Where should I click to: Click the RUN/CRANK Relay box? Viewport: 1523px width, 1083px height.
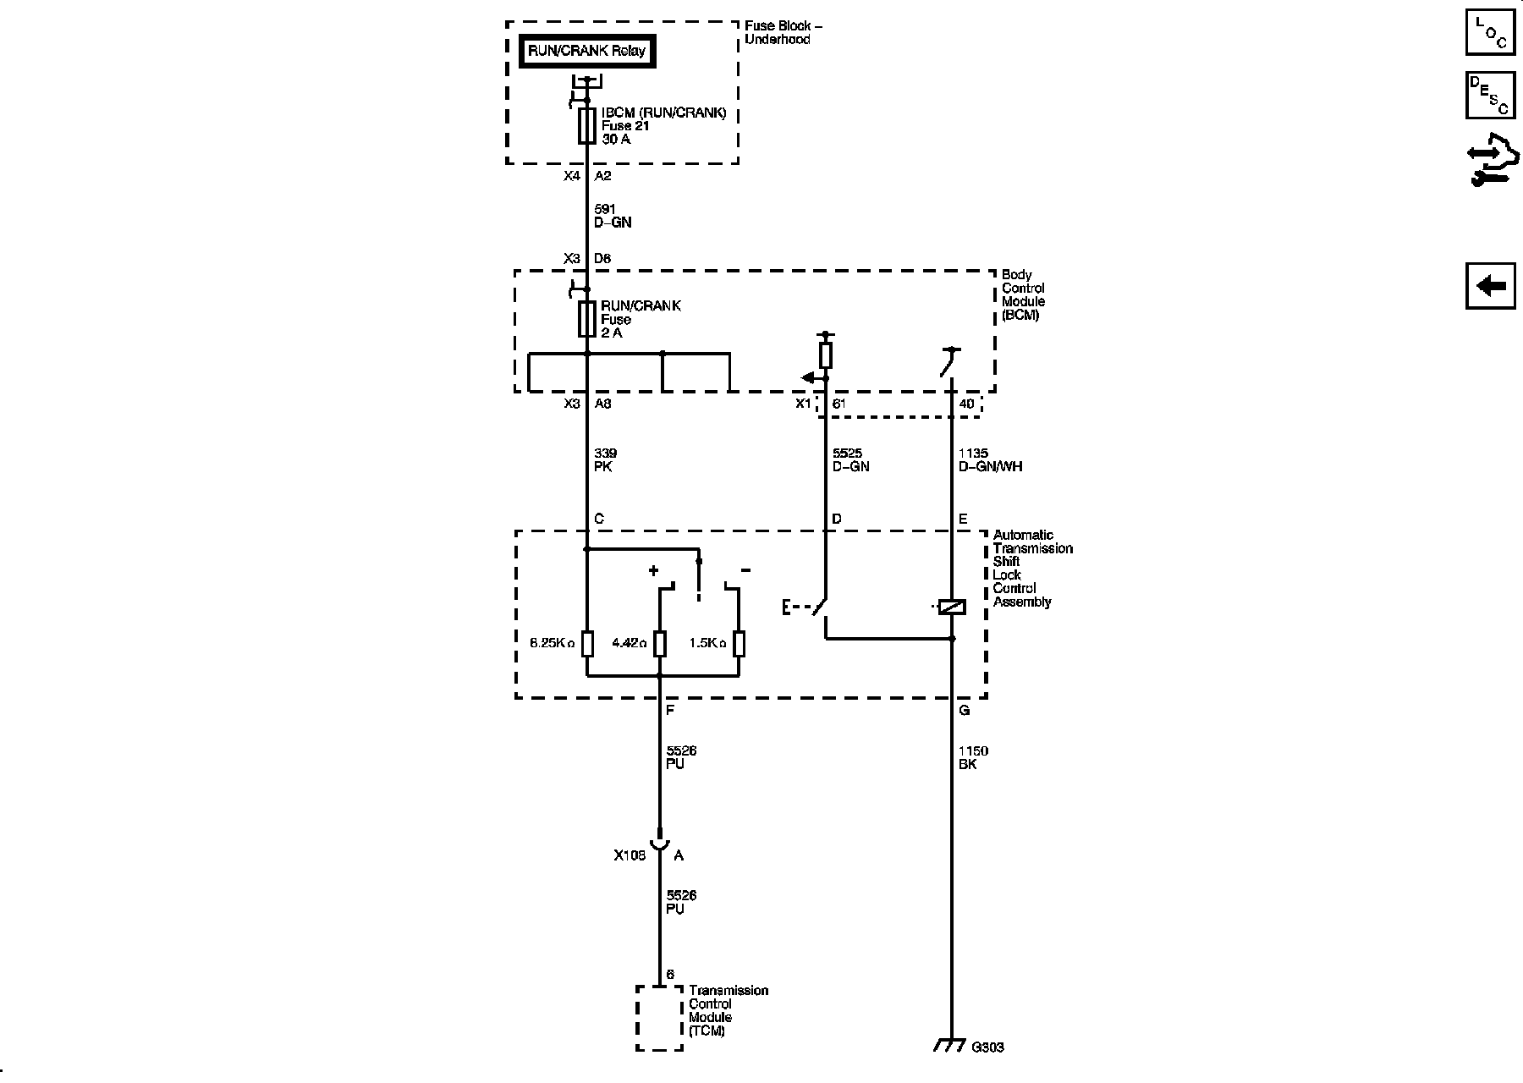586,51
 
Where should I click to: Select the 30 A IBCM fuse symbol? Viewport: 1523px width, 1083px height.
586,126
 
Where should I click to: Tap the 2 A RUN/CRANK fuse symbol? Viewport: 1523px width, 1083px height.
586,319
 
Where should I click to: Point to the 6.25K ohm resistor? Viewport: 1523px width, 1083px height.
587,644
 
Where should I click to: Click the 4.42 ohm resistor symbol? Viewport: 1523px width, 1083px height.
660,644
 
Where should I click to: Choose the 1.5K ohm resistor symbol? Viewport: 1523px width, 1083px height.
739,644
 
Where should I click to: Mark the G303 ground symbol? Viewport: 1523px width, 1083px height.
949,1046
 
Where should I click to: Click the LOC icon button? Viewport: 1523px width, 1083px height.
1490,32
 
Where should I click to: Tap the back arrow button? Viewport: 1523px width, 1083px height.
1490,286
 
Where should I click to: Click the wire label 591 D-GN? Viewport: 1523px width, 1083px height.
613,216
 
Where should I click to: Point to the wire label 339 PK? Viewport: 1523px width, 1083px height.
605,459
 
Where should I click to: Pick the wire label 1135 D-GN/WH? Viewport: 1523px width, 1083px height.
990,459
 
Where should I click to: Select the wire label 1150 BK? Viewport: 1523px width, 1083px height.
972,757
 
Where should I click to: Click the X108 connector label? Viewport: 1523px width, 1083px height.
630,855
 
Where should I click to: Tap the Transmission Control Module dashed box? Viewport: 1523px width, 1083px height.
659,1017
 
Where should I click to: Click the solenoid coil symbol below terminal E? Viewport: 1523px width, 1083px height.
952,607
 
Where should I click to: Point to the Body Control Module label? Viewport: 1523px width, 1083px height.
1023,294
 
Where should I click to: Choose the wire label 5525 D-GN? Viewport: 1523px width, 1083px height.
850,459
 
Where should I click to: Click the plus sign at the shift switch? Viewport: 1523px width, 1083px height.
653,571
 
